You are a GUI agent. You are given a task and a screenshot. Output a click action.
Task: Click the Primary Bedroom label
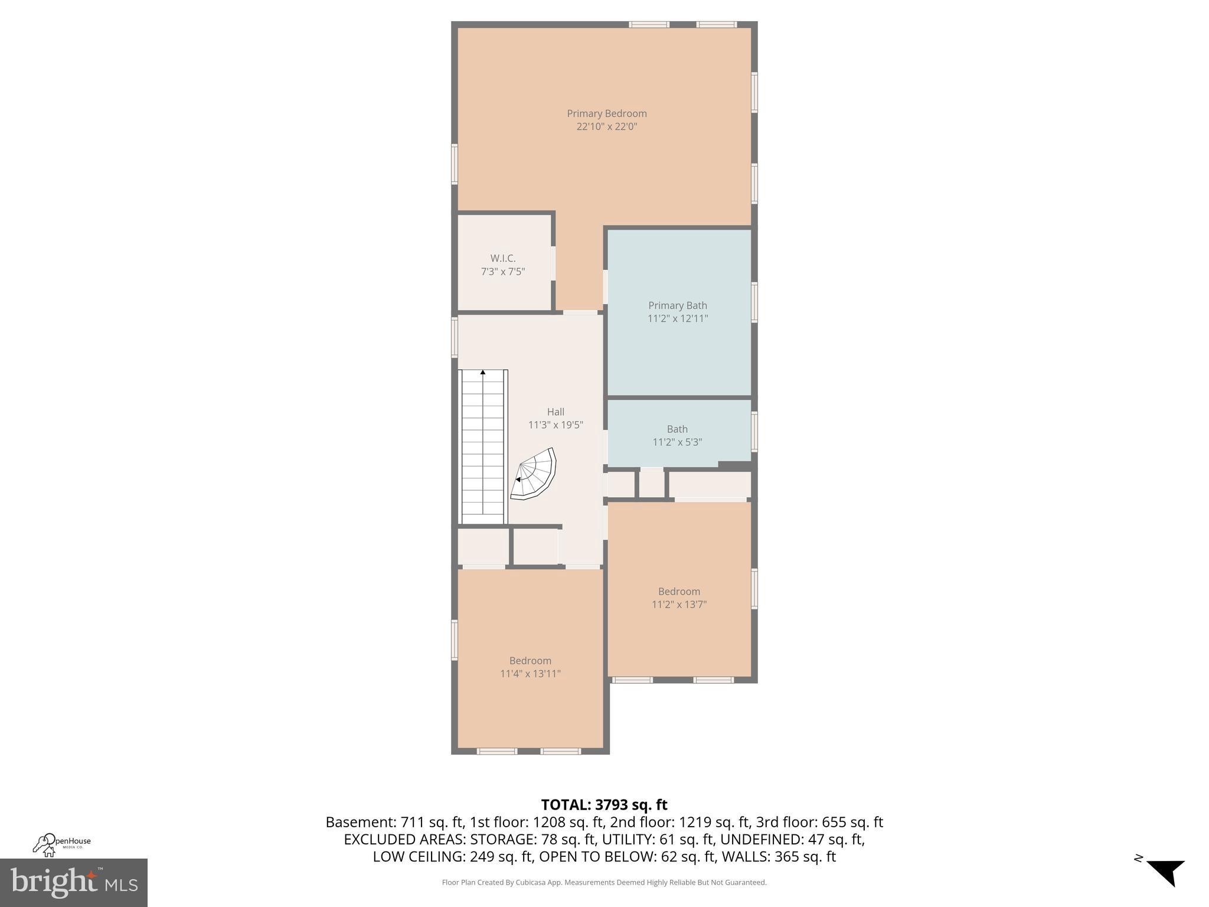click(x=606, y=113)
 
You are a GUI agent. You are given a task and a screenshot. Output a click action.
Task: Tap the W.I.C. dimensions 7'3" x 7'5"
click(x=502, y=272)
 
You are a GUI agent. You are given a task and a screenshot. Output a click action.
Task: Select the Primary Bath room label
click(x=677, y=305)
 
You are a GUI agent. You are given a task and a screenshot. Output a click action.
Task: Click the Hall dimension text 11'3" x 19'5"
click(x=555, y=425)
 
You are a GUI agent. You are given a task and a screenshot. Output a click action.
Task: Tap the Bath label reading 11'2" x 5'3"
click(x=677, y=436)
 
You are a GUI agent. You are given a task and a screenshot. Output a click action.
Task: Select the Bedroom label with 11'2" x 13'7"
click(x=679, y=598)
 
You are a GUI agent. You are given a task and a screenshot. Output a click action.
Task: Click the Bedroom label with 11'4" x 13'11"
click(x=530, y=667)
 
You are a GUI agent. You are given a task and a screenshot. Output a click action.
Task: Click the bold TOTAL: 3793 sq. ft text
click(x=604, y=805)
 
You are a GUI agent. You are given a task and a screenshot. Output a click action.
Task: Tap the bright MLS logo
click(x=74, y=882)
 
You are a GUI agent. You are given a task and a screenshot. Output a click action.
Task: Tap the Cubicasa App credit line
click(x=604, y=882)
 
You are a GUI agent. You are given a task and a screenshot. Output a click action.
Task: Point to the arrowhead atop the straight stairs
click(x=483, y=372)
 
